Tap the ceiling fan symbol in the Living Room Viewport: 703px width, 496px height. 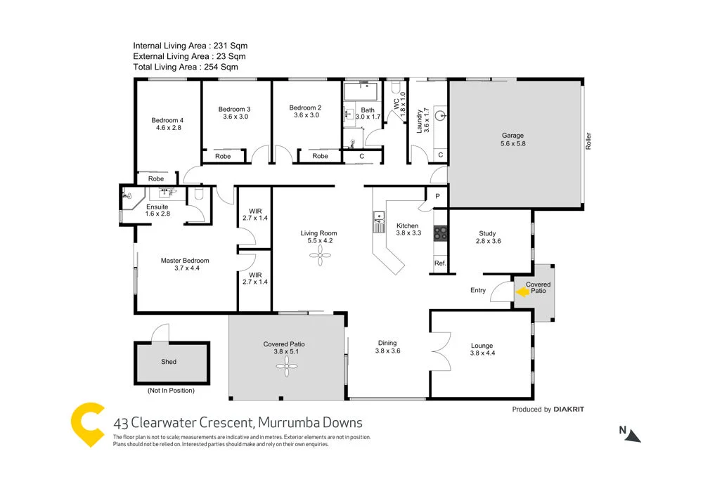click(320, 259)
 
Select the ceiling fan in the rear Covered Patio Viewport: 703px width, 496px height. click(286, 364)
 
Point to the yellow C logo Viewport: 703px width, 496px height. click(89, 424)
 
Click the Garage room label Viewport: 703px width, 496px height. click(512, 136)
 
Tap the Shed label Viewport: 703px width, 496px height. click(169, 362)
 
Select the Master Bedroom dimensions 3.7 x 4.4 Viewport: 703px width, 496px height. click(184, 268)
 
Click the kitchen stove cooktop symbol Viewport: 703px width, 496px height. click(440, 233)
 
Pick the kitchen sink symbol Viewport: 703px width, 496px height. click(378, 222)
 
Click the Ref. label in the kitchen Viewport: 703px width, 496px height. click(440, 263)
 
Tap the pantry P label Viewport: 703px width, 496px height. click(437, 197)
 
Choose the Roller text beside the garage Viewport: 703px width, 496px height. click(588, 141)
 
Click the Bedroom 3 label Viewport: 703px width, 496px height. click(234, 109)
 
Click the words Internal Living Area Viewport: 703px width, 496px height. click(167, 46)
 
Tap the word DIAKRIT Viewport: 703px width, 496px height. click(569, 409)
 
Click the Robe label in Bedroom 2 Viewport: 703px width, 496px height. click(320, 156)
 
